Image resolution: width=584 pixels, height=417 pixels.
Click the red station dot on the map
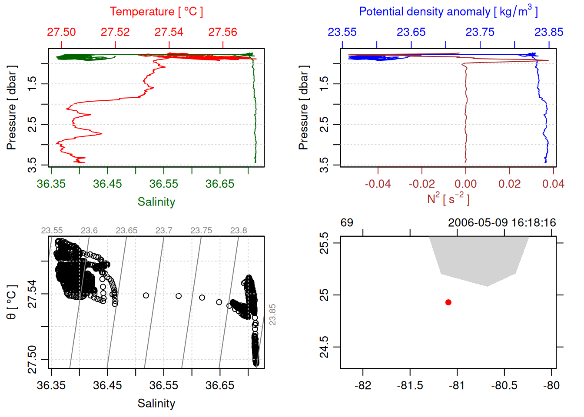pyautogui.click(x=448, y=302)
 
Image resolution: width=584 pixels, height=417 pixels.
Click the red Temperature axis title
pyautogui.click(x=156, y=12)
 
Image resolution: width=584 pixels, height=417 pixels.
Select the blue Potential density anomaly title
pyautogui.click(x=448, y=12)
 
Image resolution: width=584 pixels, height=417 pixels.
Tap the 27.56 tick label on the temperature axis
pyautogui.click(x=222, y=32)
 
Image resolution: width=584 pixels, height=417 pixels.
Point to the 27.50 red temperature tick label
pyautogui.click(x=61, y=32)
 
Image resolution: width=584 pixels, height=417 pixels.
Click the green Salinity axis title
pyautogui.click(x=156, y=202)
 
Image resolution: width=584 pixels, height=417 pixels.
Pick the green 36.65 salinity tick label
pyautogui.click(x=219, y=184)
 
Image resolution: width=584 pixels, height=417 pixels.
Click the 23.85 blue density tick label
pyautogui.click(x=548, y=32)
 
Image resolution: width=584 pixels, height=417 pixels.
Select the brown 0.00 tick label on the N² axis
pyautogui.click(x=465, y=184)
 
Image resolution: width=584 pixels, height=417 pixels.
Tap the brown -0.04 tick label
pyautogui.click(x=378, y=184)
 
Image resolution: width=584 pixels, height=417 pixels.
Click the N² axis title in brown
pyautogui.click(x=448, y=199)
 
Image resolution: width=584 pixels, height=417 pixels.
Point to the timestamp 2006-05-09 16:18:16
pyautogui.click(x=502, y=223)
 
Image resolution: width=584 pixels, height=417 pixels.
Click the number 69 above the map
pyautogui.click(x=347, y=223)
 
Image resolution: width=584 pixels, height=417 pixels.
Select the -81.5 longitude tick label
pyautogui.click(x=410, y=385)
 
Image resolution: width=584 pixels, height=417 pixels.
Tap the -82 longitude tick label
pyautogui.click(x=363, y=385)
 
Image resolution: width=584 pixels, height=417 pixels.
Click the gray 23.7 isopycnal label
pyautogui.click(x=164, y=231)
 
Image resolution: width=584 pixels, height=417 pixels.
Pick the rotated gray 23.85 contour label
pyautogui.click(x=272, y=314)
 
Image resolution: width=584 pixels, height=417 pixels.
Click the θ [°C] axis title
pyautogui.click(x=12, y=302)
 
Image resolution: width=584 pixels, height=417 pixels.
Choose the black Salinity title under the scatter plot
pyautogui.click(x=156, y=404)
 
